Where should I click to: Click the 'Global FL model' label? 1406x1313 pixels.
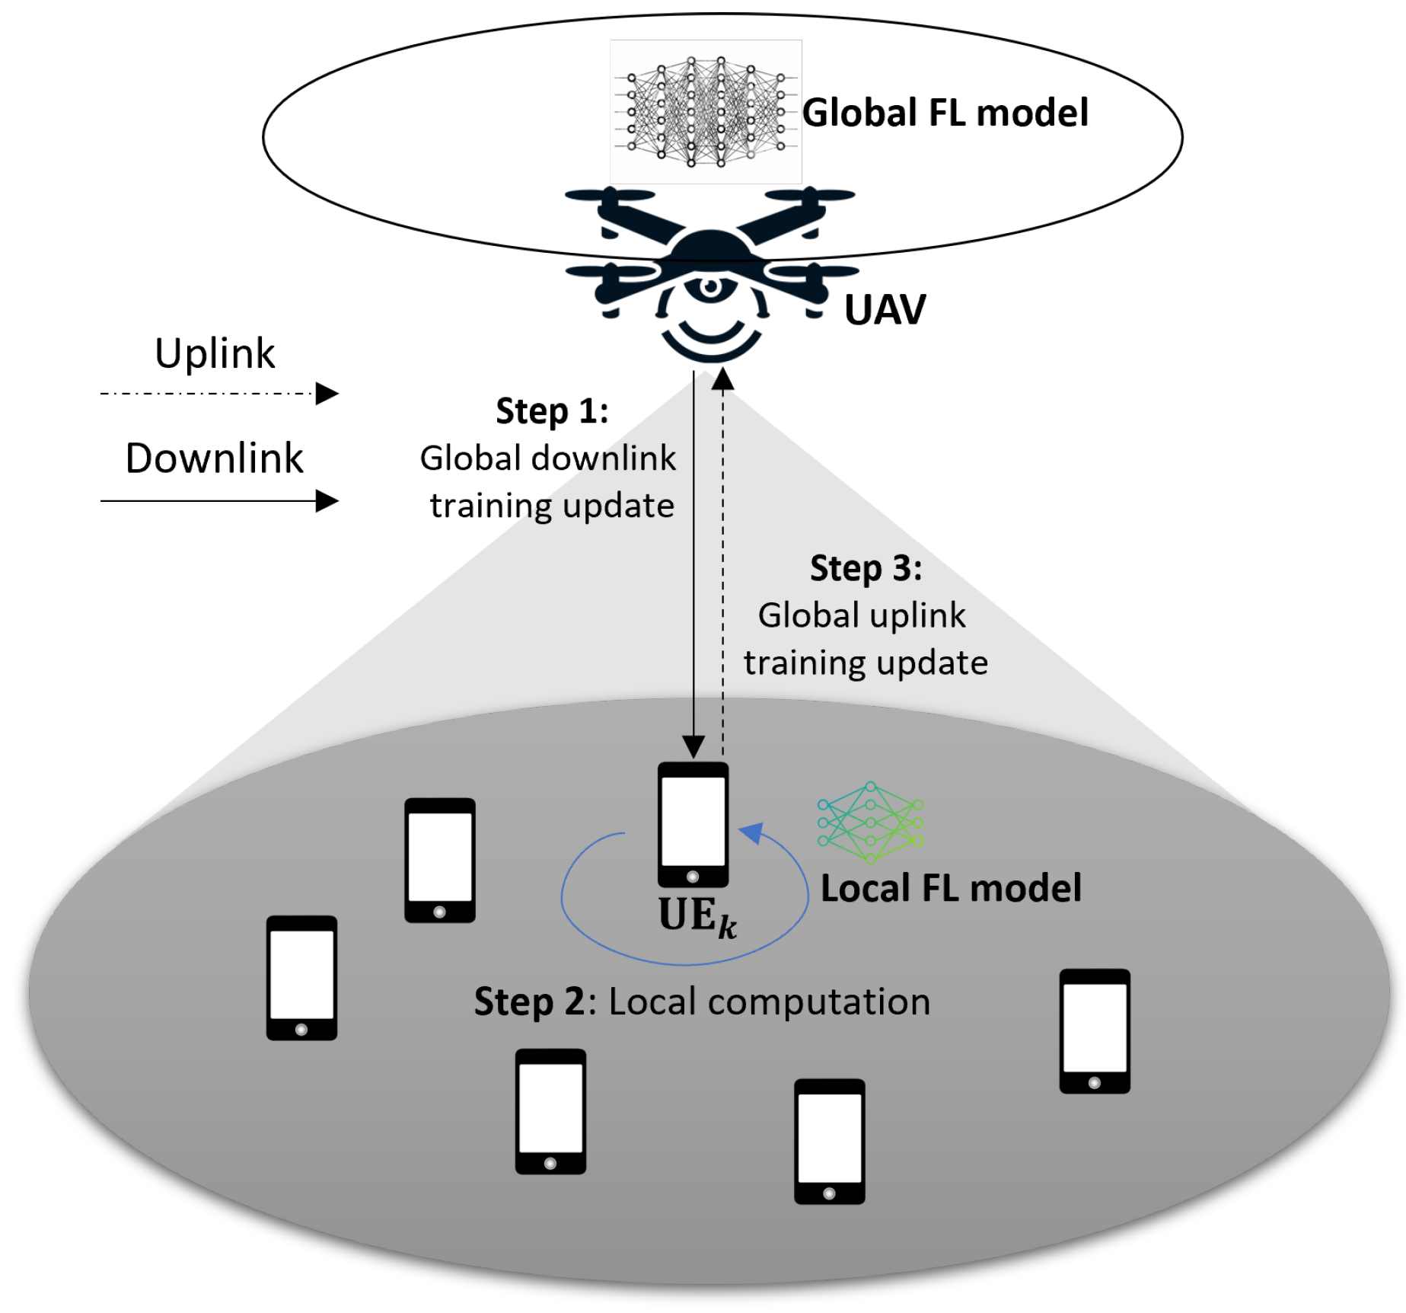pos(945,113)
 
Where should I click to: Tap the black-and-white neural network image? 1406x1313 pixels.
pos(706,112)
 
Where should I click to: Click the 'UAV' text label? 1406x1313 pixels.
pos(885,310)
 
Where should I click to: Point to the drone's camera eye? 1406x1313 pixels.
pos(711,287)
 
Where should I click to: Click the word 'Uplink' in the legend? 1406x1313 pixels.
pos(215,353)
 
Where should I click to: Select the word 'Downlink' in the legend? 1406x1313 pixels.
pos(214,458)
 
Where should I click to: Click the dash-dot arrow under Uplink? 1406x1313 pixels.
pos(218,394)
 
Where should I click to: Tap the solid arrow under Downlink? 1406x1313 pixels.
pos(218,501)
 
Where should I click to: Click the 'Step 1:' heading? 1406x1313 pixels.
pos(552,411)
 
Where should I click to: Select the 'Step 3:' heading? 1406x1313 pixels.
pos(866,568)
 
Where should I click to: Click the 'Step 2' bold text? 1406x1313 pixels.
pos(529,1002)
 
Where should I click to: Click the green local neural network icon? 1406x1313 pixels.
pos(870,823)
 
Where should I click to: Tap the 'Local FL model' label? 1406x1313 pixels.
pos(951,888)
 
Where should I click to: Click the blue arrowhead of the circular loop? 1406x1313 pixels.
pos(752,833)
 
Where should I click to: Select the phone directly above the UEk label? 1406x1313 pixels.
pos(693,824)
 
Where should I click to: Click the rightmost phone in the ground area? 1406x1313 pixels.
pos(1095,1031)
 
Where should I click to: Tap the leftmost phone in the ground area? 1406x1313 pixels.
pos(301,978)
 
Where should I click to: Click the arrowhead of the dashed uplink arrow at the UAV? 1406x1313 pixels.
pos(723,379)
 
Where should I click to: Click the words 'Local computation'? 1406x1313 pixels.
pos(770,1002)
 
